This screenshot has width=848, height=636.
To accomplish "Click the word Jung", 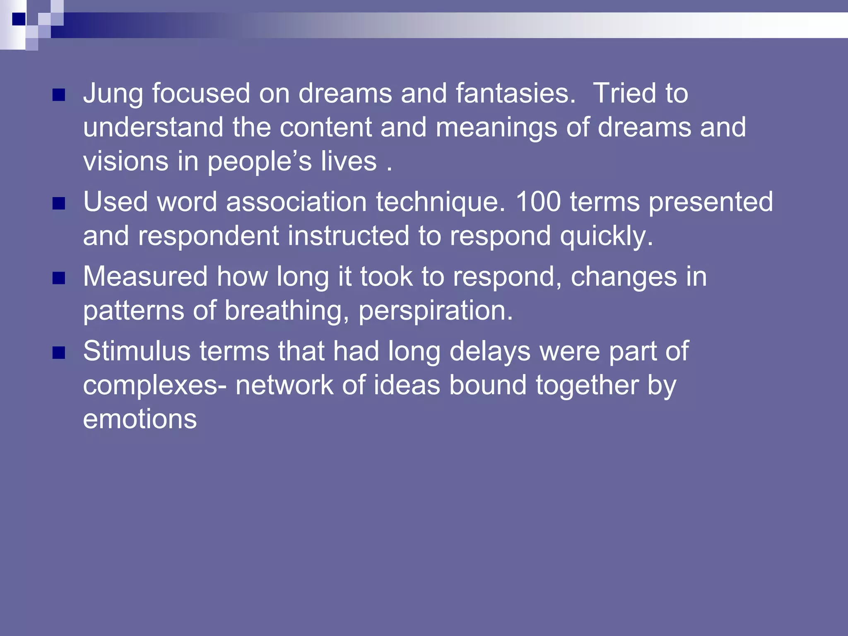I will click(113, 94).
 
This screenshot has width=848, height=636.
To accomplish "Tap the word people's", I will click(260, 161).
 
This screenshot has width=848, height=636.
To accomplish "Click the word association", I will click(296, 202).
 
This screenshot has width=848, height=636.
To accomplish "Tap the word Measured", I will click(145, 277).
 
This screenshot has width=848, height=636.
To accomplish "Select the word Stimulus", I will click(137, 351).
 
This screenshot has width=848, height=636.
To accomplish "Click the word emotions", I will click(140, 419).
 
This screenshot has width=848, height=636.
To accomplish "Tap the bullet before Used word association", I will click(59, 203).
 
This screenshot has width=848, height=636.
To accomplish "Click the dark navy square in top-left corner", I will click(19, 19).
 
